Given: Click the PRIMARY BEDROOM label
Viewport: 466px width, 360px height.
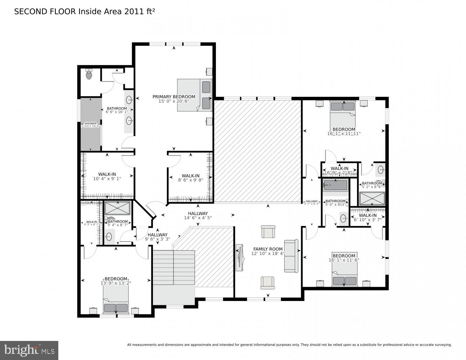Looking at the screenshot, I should (x=174, y=96).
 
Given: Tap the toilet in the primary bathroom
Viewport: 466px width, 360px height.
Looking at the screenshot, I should (x=89, y=75).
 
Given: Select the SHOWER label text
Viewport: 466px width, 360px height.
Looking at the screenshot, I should (x=90, y=123).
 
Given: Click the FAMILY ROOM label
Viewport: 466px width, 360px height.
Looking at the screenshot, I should (x=268, y=249).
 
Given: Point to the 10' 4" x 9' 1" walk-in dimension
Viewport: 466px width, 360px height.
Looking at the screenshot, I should (x=107, y=179).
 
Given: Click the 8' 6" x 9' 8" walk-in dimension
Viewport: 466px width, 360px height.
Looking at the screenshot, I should (x=190, y=180).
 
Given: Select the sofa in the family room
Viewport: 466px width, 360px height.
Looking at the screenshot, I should (x=291, y=256).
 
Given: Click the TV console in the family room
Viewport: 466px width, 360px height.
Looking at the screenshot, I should (x=238, y=257).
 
